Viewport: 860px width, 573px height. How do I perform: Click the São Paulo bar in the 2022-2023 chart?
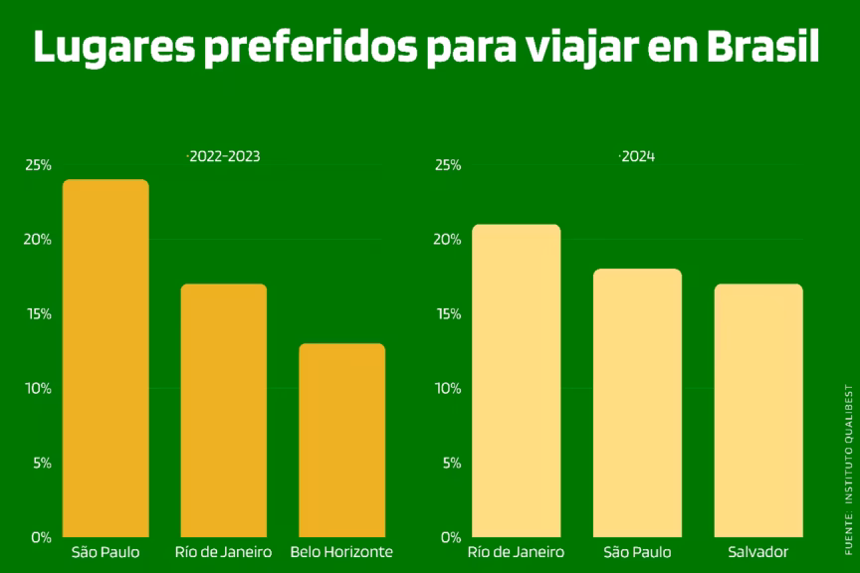106,358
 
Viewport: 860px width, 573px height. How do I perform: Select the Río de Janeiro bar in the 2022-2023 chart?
223,410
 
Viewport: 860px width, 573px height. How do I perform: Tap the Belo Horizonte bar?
341,440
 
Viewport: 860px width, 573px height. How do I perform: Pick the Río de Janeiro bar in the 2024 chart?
516,380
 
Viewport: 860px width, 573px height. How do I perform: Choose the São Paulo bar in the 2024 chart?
637,403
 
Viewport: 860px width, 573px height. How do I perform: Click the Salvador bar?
758,410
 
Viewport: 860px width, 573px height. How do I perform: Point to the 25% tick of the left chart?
39,165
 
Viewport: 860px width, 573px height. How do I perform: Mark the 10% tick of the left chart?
39,388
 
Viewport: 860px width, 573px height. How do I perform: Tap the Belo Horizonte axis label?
341,552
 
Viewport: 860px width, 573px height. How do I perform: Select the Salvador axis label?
758,552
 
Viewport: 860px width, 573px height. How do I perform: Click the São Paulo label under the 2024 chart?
637,552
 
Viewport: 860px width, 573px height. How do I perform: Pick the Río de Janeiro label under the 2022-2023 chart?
223,552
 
